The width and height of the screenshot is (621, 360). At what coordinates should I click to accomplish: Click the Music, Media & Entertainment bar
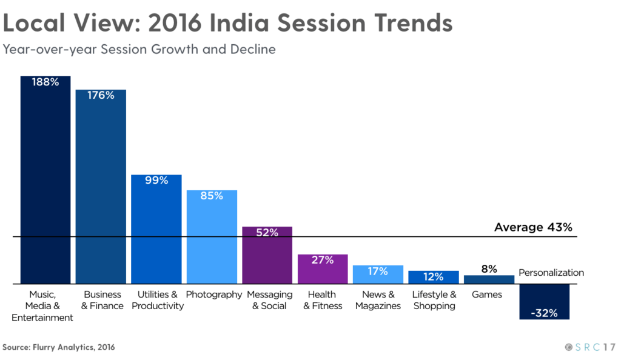(45, 182)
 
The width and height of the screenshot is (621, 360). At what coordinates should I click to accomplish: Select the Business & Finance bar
(101, 188)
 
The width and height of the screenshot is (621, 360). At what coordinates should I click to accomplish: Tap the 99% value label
(156, 181)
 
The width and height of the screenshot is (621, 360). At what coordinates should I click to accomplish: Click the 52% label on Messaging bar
(267, 233)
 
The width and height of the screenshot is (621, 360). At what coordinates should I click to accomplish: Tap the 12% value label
(433, 277)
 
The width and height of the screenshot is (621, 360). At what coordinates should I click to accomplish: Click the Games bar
(489, 279)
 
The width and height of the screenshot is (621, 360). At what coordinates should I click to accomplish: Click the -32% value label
(545, 313)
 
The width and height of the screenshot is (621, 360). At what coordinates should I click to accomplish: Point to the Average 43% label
(533, 227)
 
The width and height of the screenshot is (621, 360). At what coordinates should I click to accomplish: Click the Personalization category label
(551, 273)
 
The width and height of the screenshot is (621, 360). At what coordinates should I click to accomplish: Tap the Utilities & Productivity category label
(157, 300)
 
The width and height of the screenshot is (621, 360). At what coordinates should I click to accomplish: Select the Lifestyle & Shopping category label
(434, 300)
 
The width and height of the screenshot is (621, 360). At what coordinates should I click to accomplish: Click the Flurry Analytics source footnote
(58, 347)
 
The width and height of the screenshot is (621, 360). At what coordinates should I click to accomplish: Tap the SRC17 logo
(589, 347)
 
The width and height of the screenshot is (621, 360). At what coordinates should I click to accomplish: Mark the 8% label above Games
(489, 268)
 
